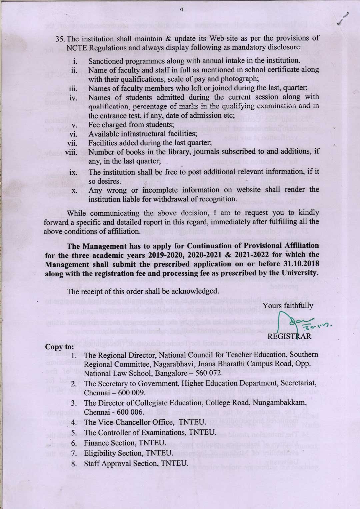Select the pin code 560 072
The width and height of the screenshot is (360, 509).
point(210,373)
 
